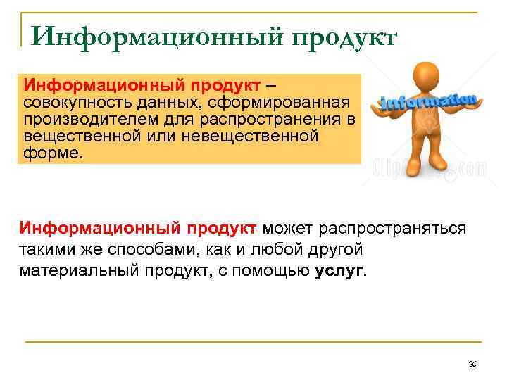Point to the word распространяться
(392, 229)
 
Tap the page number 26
(472, 363)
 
